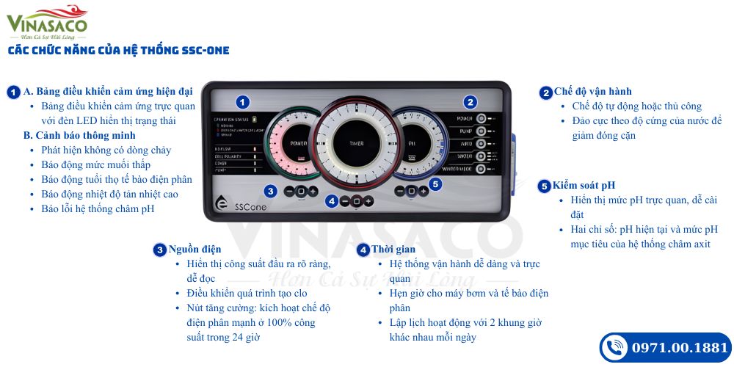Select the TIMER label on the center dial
[357, 143]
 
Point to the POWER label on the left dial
[297, 143]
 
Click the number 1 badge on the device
[243, 103]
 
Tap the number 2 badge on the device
[470, 103]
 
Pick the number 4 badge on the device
[332, 200]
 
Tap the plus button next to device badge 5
[424, 192]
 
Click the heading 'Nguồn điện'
[195, 250]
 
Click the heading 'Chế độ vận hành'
[592, 92]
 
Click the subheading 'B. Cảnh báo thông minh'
[79, 135]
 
